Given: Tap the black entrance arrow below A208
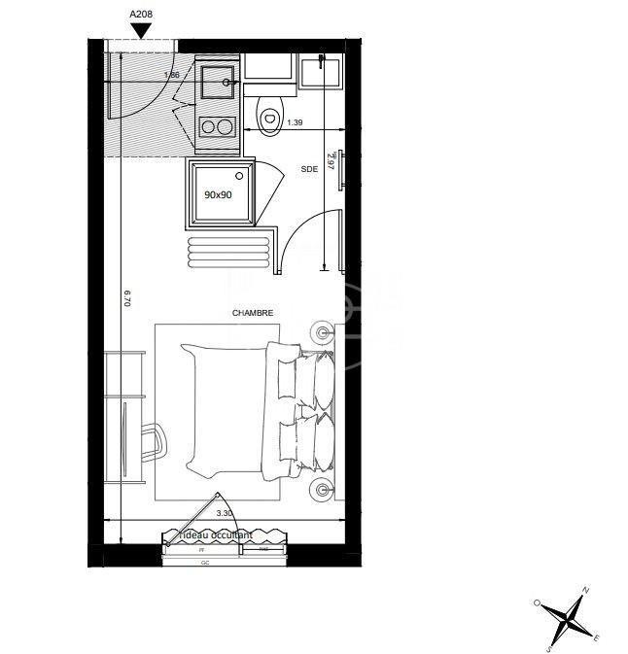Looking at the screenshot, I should click(x=142, y=31).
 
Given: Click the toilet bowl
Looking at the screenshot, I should click(x=268, y=114).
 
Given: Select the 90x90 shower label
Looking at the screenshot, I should click(x=218, y=194).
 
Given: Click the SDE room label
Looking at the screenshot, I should click(x=309, y=169).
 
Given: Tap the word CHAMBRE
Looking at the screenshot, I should click(x=252, y=313).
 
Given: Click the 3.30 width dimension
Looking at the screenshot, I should click(x=224, y=513).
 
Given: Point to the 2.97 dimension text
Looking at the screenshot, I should click(x=331, y=160).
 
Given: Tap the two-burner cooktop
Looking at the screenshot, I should click(x=217, y=126).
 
